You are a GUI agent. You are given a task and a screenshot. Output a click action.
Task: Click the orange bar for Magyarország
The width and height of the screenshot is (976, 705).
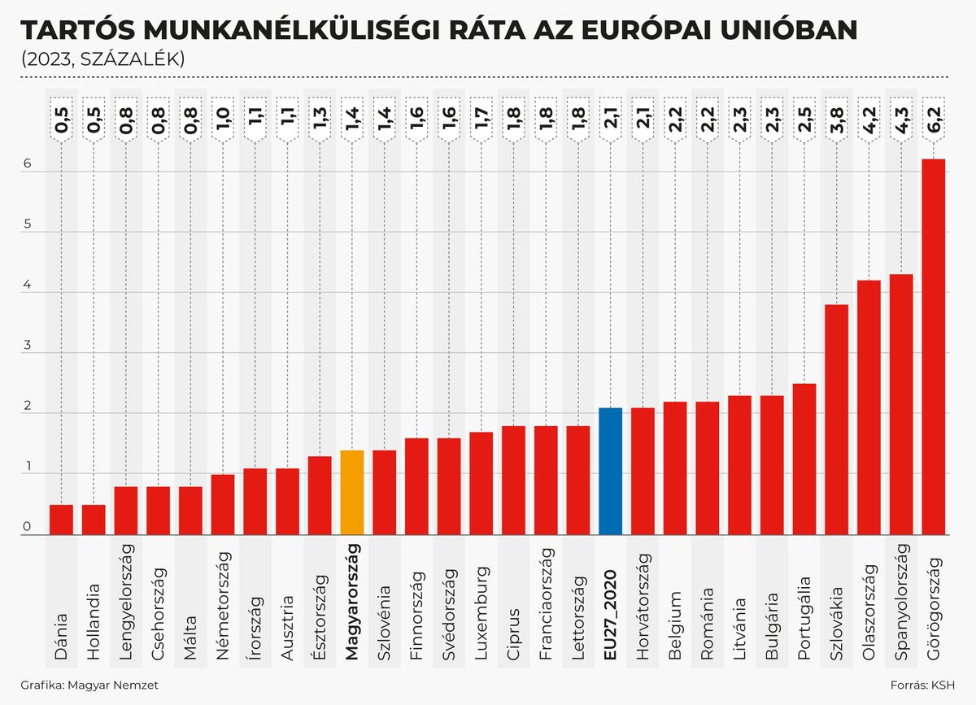[x=351, y=492]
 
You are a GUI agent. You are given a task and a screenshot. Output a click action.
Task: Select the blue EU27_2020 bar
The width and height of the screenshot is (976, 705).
[x=610, y=472]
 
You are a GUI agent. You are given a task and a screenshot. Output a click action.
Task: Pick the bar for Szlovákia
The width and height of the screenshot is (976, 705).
[x=836, y=420]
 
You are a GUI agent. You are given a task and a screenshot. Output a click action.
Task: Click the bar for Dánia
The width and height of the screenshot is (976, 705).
[x=61, y=520]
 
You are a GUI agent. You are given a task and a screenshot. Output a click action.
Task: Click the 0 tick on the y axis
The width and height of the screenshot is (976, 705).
[x=27, y=528]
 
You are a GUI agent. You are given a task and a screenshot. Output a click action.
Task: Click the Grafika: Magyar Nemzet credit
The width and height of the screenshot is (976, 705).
[x=89, y=685]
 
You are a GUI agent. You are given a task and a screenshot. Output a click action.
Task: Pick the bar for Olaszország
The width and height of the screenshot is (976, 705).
[x=869, y=407]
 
